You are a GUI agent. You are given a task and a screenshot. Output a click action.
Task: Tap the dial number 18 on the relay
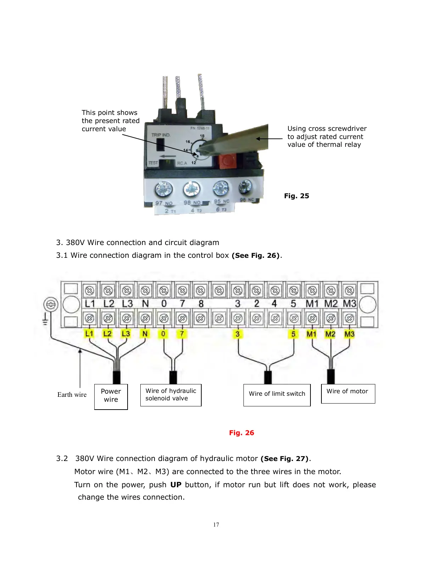click(202, 136)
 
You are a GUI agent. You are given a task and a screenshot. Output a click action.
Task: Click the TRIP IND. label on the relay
click(161, 135)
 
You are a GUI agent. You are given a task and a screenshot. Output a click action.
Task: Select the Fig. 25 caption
click(296, 196)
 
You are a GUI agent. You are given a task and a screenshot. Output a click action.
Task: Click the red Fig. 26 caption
click(241, 433)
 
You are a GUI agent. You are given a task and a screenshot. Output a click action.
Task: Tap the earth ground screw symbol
click(51, 305)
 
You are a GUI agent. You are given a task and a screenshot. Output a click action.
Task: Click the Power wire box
click(111, 396)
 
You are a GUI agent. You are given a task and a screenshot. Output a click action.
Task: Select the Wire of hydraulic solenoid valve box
click(171, 395)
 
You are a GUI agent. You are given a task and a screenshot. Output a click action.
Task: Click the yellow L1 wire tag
click(89, 334)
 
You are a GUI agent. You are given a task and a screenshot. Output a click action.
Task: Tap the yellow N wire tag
click(145, 334)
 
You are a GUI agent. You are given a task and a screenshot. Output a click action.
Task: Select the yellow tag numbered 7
click(182, 334)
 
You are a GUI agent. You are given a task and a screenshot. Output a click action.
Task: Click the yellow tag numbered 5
click(293, 334)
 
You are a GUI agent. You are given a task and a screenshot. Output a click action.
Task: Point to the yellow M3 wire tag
click(349, 334)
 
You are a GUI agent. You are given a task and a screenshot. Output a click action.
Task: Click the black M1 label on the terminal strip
click(312, 304)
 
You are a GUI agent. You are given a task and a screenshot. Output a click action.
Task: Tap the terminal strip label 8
click(201, 304)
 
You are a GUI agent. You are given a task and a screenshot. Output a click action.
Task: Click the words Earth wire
click(72, 395)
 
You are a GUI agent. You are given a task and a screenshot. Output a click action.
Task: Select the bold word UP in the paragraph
click(176, 485)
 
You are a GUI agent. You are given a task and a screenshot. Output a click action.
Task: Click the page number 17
click(216, 525)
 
